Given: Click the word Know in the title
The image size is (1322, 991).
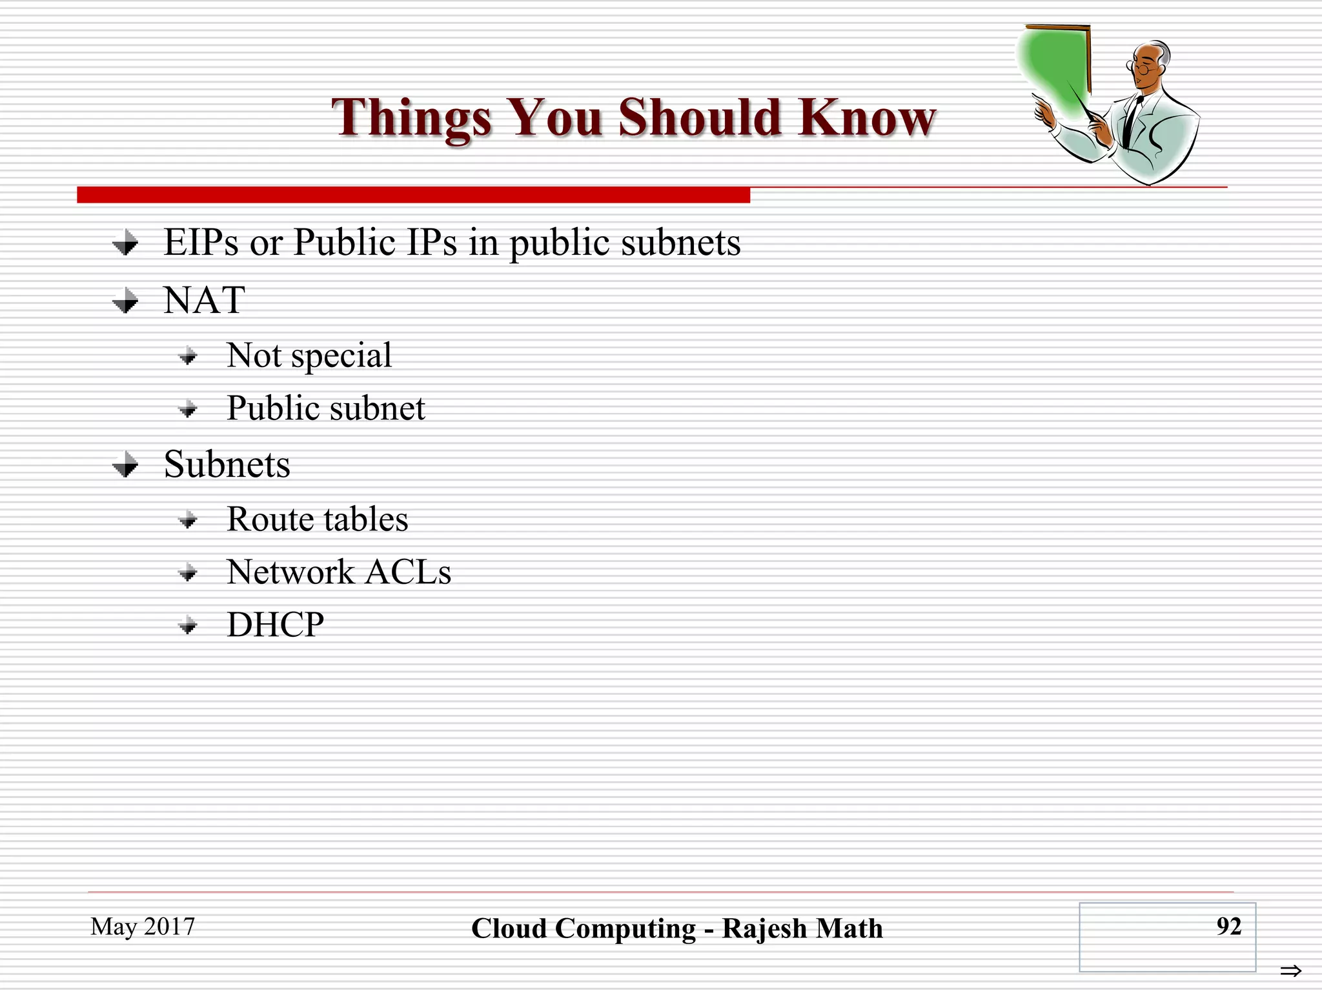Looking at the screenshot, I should (866, 117).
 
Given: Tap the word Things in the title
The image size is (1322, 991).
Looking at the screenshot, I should (412, 117).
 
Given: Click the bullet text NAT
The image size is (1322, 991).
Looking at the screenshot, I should (204, 301).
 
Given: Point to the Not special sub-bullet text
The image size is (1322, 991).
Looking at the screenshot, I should (309, 355).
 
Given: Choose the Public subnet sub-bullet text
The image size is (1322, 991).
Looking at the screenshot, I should (326, 408).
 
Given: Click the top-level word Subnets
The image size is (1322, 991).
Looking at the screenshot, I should (227, 464).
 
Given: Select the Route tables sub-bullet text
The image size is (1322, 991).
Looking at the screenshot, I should (318, 519).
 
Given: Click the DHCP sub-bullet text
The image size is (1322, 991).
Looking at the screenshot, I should (276, 625).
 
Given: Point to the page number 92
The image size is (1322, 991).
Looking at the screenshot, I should (1228, 926).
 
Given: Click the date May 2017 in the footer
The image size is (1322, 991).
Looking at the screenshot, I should (143, 926).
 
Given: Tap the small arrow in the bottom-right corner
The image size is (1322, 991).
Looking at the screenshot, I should (1291, 970).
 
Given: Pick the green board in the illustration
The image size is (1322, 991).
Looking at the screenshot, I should (1052, 71).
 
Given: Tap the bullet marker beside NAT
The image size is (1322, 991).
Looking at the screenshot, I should (125, 301).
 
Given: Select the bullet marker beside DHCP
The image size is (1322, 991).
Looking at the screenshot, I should (188, 625).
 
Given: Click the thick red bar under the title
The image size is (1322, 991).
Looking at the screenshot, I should (413, 195).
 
